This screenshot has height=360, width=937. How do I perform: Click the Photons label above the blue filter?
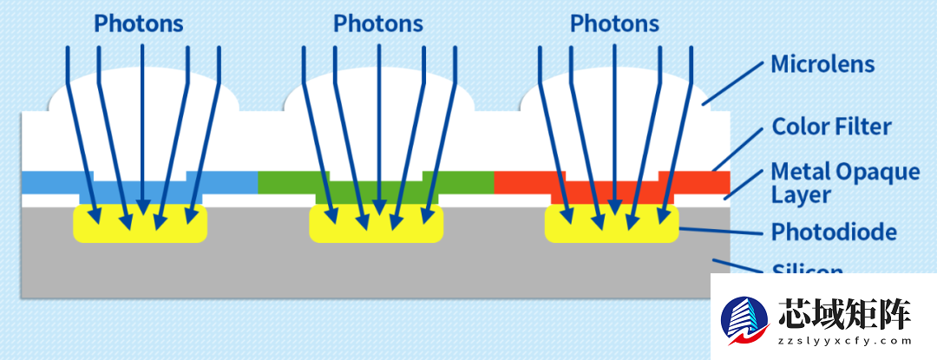click(139, 23)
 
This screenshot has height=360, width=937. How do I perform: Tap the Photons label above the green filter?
click(377, 23)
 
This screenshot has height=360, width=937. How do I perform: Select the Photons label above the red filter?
click(614, 23)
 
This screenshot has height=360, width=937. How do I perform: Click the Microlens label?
click(822, 64)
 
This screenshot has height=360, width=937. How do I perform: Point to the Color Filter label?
click(831, 127)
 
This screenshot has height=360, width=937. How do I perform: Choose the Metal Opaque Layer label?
click(845, 182)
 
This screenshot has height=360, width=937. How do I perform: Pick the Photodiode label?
click(834, 232)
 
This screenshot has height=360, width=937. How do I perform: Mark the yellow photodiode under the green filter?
click(377, 224)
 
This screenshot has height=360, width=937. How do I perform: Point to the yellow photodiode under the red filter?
click(611, 224)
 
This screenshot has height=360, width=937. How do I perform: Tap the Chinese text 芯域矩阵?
click(845, 312)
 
